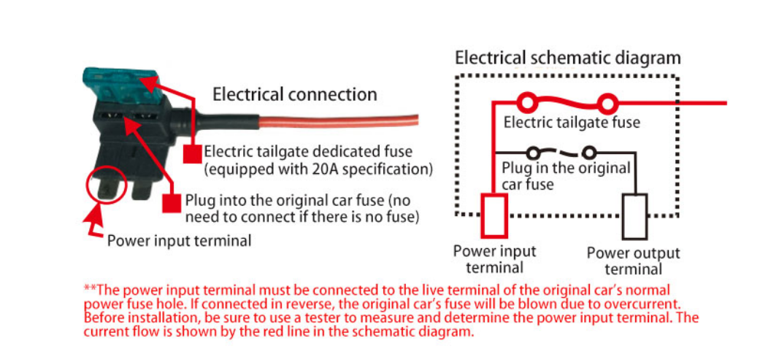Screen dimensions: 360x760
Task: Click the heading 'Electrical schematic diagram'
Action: click(567, 58)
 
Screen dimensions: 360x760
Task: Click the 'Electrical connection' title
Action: click(294, 94)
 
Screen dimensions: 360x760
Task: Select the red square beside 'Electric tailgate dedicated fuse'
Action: click(191, 153)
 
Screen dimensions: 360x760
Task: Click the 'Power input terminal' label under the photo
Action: click(179, 240)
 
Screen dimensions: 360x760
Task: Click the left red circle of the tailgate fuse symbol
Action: click(525, 103)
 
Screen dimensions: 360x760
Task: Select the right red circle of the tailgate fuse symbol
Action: click(607, 103)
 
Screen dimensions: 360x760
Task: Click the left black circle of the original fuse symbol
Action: click(534, 153)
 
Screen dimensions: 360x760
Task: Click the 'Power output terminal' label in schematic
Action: click(633, 260)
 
